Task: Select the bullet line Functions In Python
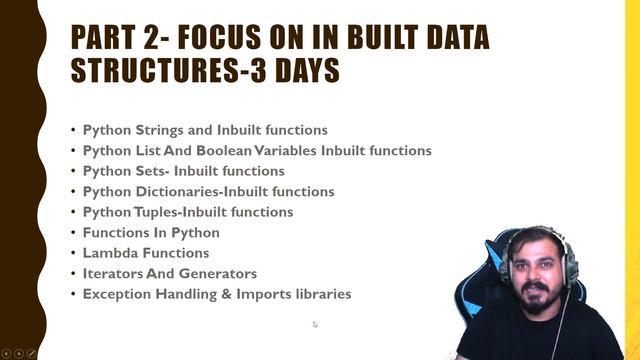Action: point(151,233)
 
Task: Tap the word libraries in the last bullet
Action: point(318,294)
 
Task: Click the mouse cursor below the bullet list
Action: point(315,324)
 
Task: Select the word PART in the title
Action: point(108,38)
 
